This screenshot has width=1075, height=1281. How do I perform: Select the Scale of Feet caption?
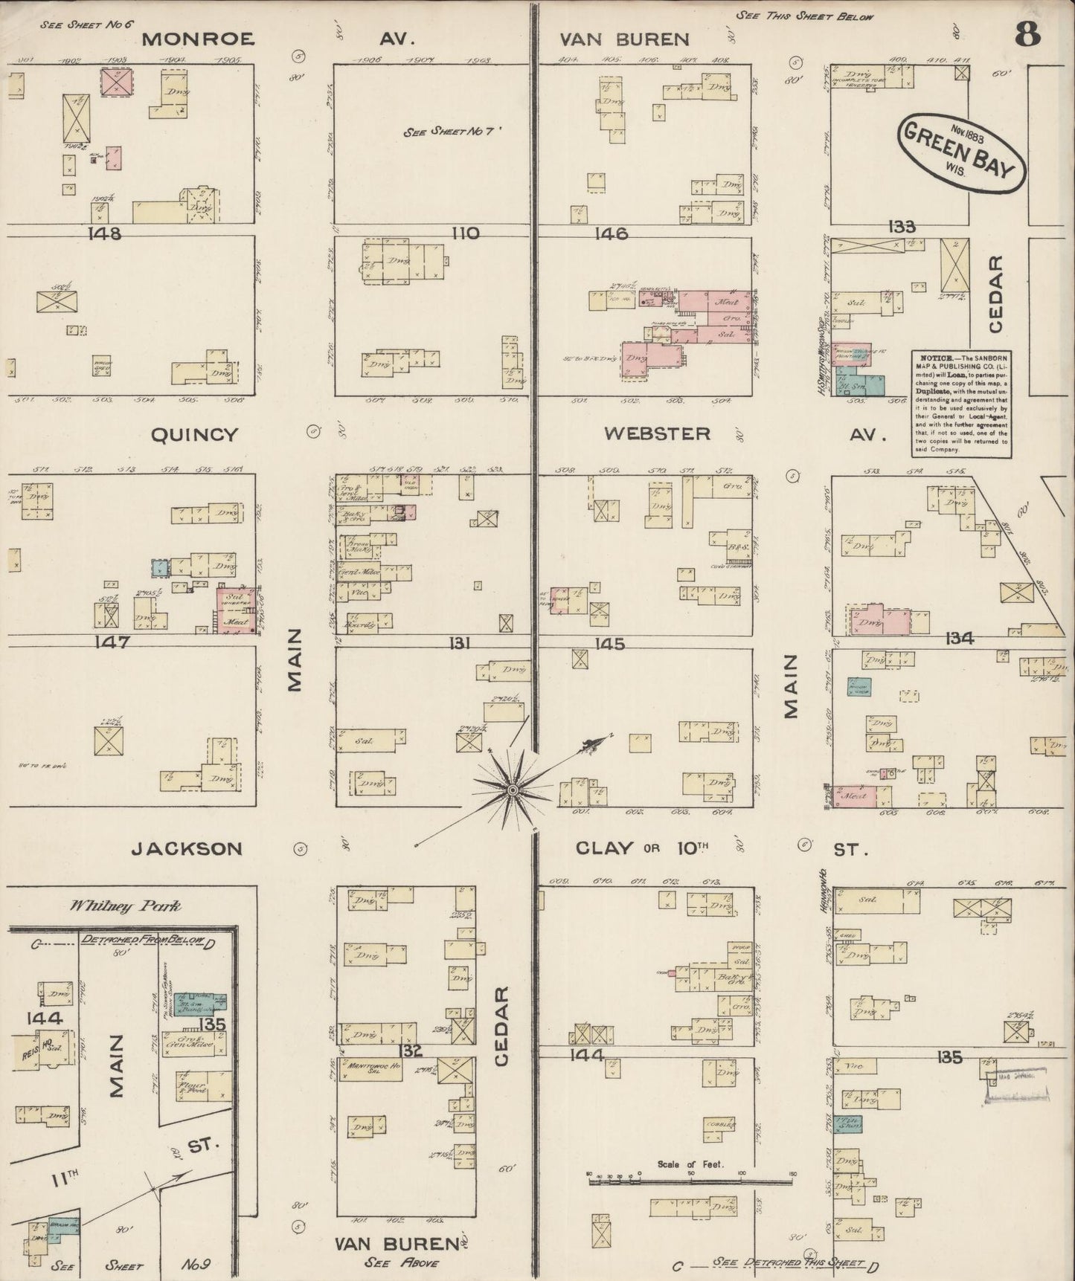click(690, 1164)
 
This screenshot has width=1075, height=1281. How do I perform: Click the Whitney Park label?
click(125, 906)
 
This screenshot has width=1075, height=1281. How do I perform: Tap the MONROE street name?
click(198, 39)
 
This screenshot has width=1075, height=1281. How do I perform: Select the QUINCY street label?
click(194, 435)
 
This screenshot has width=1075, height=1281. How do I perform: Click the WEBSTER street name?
click(656, 433)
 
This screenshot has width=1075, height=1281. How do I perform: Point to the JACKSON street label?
click(187, 848)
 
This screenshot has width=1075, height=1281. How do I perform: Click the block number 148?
click(104, 233)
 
